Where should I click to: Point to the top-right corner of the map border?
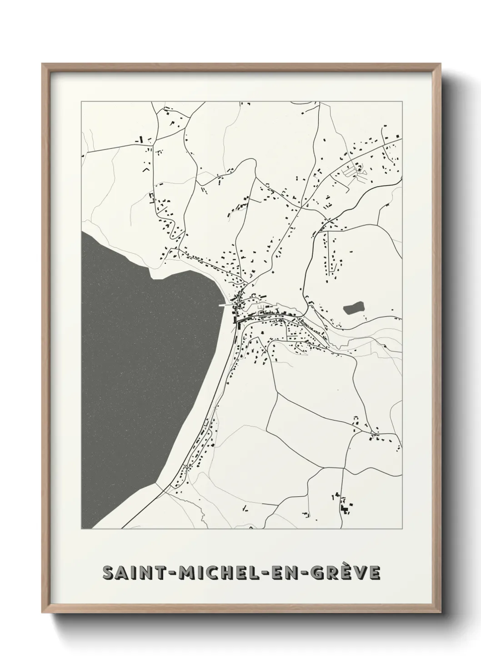[402, 102]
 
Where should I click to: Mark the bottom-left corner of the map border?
[81, 529]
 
